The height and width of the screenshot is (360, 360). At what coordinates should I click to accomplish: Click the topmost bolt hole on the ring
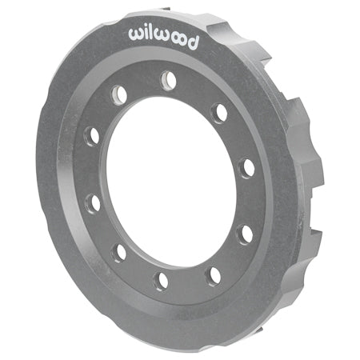coord(168,80)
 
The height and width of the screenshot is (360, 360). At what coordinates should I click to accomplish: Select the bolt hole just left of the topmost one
coord(120,93)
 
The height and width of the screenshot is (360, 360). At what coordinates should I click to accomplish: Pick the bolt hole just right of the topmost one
coord(218,113)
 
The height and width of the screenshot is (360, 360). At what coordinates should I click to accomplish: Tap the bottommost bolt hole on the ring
coord(162,280)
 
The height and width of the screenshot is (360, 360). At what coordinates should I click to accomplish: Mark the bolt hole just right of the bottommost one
coord(214,275)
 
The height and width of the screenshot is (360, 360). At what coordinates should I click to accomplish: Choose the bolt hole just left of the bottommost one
coord(119,252)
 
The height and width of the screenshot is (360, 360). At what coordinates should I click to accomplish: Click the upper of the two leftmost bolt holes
coord(93,135)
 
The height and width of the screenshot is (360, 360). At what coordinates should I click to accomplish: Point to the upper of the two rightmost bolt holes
coord(247,168)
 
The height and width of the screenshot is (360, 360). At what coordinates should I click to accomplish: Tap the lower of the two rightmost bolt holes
coord(246,234)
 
